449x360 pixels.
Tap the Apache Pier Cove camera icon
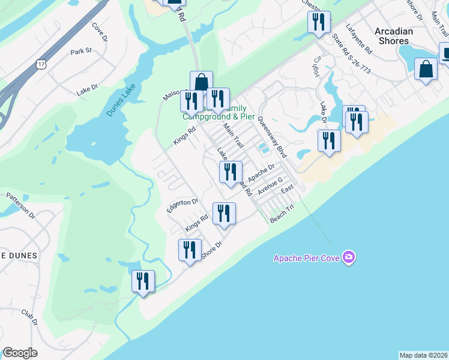(349, 257)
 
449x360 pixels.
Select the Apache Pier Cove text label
(306, 258)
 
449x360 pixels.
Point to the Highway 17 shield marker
(41, 64)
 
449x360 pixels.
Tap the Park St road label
(80, 51)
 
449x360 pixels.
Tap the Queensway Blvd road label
(273, 137)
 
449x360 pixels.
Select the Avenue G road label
(270, 187)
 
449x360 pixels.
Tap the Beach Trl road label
(282, 214)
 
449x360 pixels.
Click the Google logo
(20, 353)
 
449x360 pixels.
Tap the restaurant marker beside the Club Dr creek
(143, 281)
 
